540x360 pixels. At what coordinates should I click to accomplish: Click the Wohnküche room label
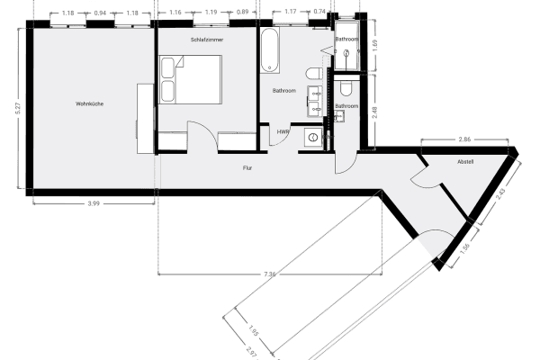(x=90, y=104)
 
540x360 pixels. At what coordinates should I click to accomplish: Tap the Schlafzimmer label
(x=207, y=40)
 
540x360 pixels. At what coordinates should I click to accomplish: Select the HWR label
(x=283, y=131)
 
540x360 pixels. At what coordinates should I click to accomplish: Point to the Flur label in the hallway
(x=247, y=167)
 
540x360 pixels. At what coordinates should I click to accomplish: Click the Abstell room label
(x=465, y=162)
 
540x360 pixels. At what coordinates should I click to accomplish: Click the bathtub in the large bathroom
(x=271, y=52)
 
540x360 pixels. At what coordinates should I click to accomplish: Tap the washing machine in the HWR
(x=312, y=137)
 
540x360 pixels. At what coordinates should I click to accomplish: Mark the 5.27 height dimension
(x=19, y=105)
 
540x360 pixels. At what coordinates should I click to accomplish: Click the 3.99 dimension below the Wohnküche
(x=94, y=204)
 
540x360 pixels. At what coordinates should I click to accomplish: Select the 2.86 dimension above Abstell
(x=464, y=140)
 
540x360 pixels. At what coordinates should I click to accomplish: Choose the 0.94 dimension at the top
(x=100, y=13)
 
